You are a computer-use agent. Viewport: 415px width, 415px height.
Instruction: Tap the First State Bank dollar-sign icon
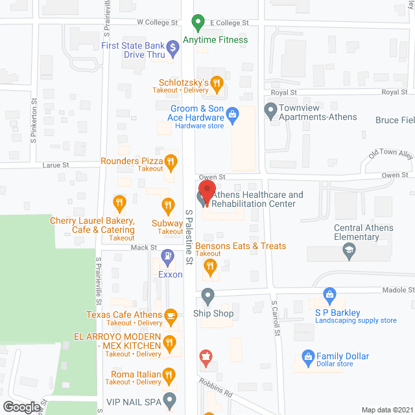click(x=172, y=47)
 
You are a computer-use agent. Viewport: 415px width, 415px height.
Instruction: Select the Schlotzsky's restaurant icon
click(x=217, y=83)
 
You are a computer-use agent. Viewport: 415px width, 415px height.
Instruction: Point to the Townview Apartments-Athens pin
click(x=270, y=111)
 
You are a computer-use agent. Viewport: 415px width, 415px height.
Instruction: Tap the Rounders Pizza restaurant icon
click(x=171, y=161)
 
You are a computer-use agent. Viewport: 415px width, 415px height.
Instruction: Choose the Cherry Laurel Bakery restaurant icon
click(x=119, y=204)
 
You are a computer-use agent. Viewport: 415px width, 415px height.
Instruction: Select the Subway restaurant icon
click(x=168, y=206)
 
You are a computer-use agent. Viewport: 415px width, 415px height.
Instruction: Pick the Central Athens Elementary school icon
click(x=350, y=251)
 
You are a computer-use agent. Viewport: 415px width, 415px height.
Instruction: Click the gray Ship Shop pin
click(x=207, y=297)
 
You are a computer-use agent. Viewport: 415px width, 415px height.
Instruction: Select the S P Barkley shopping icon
click(x=329, y=296)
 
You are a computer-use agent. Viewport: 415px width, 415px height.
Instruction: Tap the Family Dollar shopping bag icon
click(x=308, y=357)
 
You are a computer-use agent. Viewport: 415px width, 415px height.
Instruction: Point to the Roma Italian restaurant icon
click(x=169, y=374)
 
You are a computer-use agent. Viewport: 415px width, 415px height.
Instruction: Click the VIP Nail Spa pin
click(x=169, y=399)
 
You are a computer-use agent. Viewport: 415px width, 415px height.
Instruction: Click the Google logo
click(x=21, y=407)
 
